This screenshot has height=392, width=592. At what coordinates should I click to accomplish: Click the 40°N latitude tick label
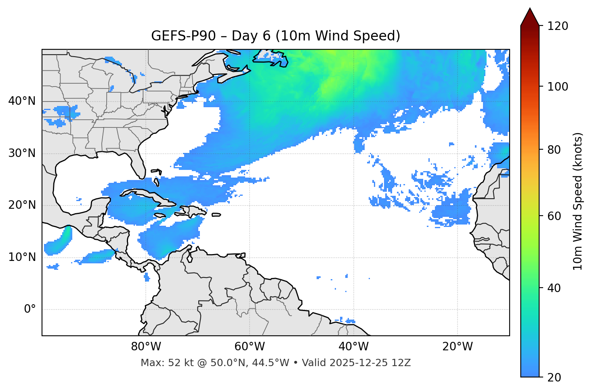[22, 101]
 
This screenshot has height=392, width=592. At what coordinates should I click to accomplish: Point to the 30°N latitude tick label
[22, 153]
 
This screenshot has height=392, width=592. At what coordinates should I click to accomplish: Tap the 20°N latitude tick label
[22, 205]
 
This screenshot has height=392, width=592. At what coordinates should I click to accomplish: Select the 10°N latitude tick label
[22, 257]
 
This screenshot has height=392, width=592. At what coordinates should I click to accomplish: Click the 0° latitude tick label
[30, 309]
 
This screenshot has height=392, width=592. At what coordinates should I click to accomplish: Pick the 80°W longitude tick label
[146, 347]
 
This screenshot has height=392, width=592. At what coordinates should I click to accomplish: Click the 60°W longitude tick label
[250, 347]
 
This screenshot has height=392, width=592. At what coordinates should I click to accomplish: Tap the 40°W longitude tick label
[354, 347]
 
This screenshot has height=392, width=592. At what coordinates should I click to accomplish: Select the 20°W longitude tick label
[458, 347]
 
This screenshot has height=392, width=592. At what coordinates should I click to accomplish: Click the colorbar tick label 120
[558, 26]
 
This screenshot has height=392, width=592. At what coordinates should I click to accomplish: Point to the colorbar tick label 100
[558, 87]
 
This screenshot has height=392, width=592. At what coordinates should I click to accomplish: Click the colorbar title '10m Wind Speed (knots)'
[578, 201]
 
